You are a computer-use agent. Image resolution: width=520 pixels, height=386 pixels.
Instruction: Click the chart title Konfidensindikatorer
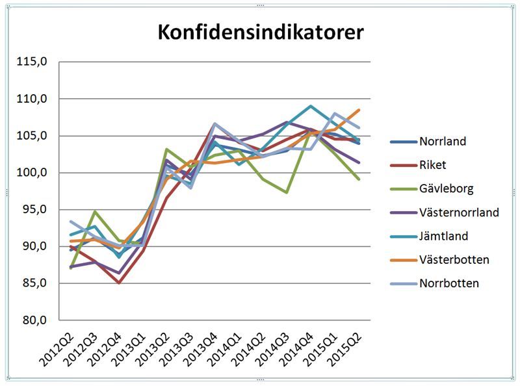pyautogui.click(x=261, y=32)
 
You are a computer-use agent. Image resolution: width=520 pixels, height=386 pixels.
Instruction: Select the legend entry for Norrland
pyautogui.click(x=443, y=141)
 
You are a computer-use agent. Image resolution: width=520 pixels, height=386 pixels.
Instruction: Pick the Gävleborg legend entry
pyautogui.click(x=446, y=188)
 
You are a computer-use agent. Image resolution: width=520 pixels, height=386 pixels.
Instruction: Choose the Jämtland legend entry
pyautogui.click(x=444, y=236)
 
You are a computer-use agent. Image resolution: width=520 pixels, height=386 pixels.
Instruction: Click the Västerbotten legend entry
pyautogui.click(x=454, y=260)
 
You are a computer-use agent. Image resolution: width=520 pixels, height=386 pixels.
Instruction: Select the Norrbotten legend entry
pyautogui.click(x=449, y=283)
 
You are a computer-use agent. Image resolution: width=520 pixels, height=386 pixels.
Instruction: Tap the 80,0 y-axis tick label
pyautogui.click(x=34, y=320)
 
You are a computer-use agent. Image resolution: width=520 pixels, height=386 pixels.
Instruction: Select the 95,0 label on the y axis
pyautogui.click(x=34, y=210)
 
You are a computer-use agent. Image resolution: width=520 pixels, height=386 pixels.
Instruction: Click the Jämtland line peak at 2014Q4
pyautogui.click(x=311, y=106)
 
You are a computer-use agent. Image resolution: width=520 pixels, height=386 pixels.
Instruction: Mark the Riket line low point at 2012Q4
pyautogui.click(x=119, y=283)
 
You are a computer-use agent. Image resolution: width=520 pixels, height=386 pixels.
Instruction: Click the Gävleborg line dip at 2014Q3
pyautogui.click(x=287, y=192)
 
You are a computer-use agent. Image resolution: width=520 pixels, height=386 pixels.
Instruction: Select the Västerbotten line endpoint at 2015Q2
pyautogui.click(x=359, y=110)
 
